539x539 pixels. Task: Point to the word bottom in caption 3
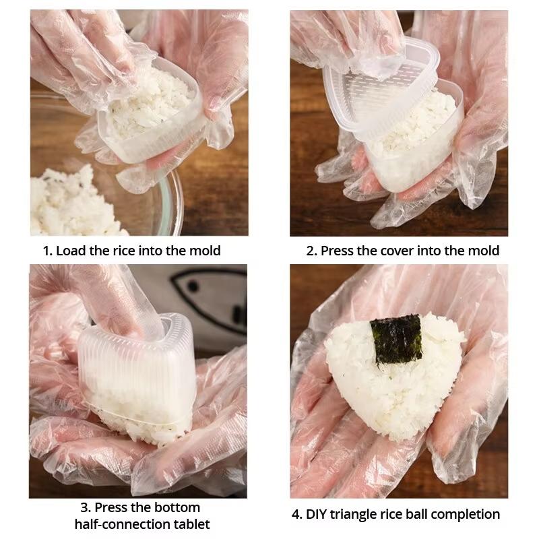point(179,507)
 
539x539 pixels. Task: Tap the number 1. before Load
point(47,251)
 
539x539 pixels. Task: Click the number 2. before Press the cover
point(311,251)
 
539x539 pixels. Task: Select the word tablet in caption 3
point(191,524)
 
